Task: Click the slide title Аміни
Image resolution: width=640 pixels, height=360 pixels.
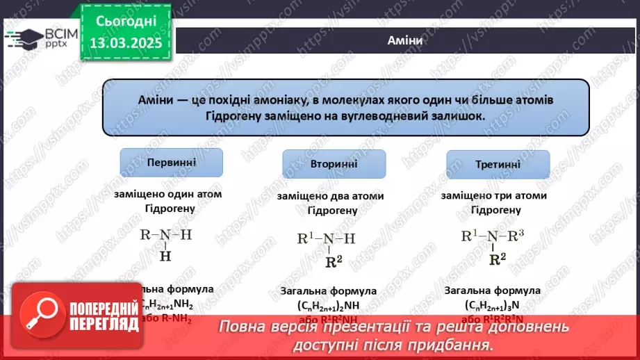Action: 405,40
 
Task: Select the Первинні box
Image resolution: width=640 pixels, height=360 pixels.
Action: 172,162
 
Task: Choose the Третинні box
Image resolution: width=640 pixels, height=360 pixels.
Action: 498,164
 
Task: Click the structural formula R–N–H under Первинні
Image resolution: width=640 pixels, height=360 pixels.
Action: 166,235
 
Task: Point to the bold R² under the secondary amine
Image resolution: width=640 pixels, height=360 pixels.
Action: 334,262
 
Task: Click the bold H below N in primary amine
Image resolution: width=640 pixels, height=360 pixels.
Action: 166,256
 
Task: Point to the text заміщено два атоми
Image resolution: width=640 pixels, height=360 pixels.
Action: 329,196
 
